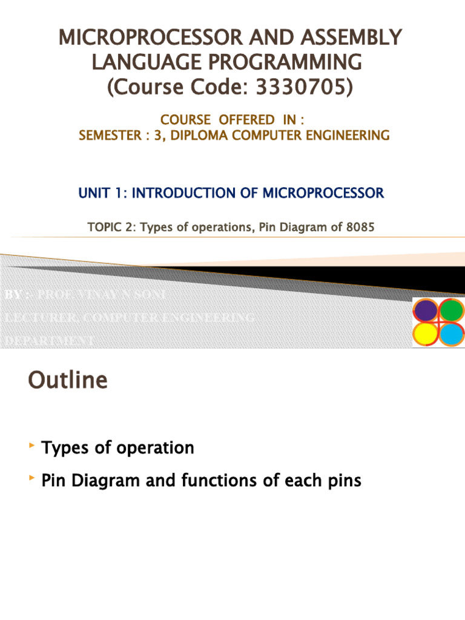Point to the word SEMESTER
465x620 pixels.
click(108, 136)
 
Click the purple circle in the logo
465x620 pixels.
click(425, 311)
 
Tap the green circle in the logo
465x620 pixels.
click(451, 310)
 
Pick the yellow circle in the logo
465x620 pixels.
click(425, 333)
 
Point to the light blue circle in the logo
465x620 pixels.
click(451, 333)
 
